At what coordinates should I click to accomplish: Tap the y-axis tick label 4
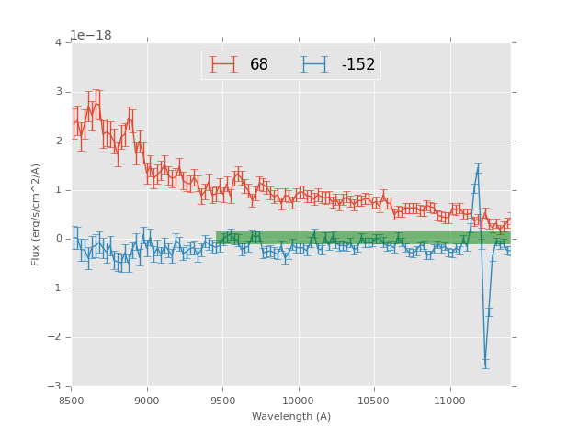[58, 43]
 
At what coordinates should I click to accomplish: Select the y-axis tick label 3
[58, 92]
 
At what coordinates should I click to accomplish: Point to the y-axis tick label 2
[58, 141]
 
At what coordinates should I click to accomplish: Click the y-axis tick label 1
[58, 190]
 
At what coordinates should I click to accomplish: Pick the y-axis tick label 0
[58, 239]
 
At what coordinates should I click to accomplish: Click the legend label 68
[259, 65]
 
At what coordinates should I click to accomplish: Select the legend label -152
[358, 65]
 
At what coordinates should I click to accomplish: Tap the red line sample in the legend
[223, 65]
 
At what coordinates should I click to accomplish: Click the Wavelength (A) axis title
[291, 417]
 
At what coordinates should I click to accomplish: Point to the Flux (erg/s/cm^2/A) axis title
[37, 214]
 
